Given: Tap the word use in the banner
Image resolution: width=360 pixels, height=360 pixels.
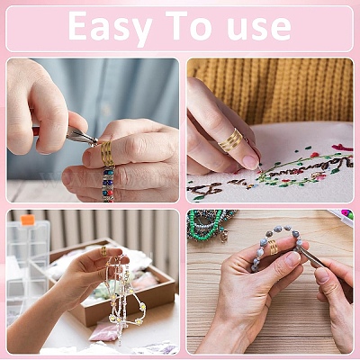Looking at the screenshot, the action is click(259, 29).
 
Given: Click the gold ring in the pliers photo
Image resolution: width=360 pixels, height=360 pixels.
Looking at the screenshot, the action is click(107, 153).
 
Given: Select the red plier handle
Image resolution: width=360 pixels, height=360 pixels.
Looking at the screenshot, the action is click(36, 131).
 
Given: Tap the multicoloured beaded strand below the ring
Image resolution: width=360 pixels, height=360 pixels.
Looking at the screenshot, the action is click(108, 184).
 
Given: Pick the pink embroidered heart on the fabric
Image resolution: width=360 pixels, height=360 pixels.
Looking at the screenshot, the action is click(342, 148).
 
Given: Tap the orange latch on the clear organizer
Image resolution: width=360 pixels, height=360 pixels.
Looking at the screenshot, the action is click(28, 220).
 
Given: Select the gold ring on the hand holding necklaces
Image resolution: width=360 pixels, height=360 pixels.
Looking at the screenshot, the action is click(103, 251).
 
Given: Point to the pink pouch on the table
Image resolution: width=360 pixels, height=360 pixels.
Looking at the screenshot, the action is click(104, 332).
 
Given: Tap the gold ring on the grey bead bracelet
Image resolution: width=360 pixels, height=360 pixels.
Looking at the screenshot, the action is click(273, 247).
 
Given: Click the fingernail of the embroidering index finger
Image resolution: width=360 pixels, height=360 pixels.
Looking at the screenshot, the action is click(251, 162).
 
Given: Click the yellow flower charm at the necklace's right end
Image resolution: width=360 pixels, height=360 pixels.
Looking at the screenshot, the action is click(141, 307).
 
